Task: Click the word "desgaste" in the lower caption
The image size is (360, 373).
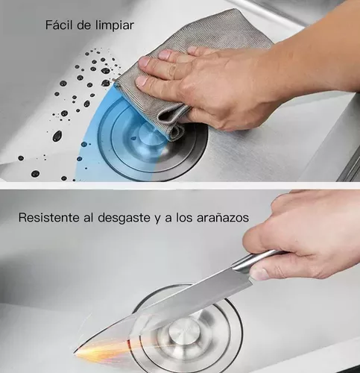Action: pyautogui.click(x=124, y=218)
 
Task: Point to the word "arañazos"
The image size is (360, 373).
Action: pyautogui.click(x=223, y=218)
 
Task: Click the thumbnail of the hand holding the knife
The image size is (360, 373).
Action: pyautogui.click(x=259, y=275)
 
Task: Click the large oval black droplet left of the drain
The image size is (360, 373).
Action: pyautogui.click(x=57, y=136)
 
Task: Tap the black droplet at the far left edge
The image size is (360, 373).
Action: pyautogui.click(x=21, y=158)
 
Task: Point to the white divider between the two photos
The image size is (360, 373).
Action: pyautogui.click(x=180, y=186)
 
